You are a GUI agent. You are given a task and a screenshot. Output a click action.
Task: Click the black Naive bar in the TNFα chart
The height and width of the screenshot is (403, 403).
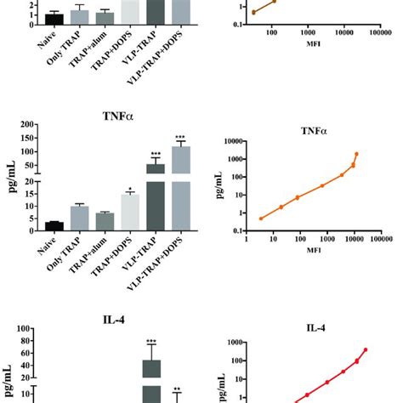click(54, 226)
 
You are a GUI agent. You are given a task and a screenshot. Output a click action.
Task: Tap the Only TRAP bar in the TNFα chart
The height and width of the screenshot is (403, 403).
click(80, 218)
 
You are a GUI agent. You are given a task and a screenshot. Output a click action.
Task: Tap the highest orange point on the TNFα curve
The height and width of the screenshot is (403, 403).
click(357, 154)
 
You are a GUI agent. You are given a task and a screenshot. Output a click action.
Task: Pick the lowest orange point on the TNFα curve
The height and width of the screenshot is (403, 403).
click(261, 219)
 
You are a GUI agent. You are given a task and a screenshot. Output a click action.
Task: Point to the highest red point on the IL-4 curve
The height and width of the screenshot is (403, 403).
click(366, 349)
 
